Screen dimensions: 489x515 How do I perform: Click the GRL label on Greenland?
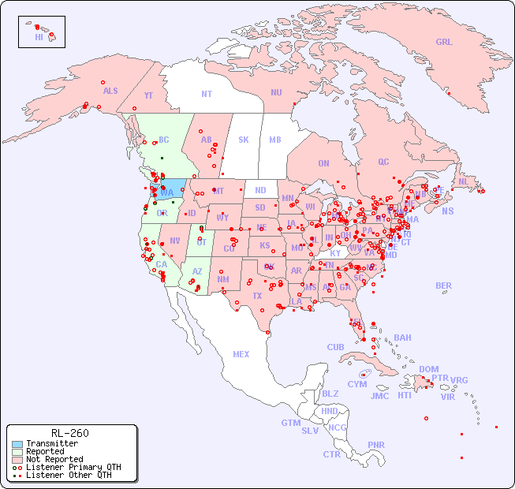click(444, 43)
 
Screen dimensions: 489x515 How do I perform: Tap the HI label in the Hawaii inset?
click(39, 37)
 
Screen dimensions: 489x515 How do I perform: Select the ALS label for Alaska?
click(110, 91)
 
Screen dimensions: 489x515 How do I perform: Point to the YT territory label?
click(148, 95)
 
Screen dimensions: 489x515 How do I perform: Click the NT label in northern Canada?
click(207, 94)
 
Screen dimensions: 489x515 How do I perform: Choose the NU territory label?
click(276, 93)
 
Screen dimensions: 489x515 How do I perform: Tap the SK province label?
click(244, 140)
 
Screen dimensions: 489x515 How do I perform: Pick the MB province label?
click(275, 140)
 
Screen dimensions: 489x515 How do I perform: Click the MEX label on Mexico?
click(241, 355)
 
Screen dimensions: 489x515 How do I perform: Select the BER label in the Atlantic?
click(443, 286)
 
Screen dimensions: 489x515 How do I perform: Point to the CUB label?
click(335, 348)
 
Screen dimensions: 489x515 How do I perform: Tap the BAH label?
click(402, 338)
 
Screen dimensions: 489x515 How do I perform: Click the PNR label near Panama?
click(376, 445)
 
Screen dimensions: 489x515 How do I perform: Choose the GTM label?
click(290, 424)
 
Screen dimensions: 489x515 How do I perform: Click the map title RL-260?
click(70, 433)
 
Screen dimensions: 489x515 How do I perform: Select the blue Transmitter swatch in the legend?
click(17, 444)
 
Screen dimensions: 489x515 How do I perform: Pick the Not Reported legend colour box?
click(17, 460)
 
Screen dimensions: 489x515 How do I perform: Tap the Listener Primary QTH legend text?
click(73, 468)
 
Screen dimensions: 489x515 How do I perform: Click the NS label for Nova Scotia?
click(448, 211)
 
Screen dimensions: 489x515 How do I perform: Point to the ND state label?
click(260, 191)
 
